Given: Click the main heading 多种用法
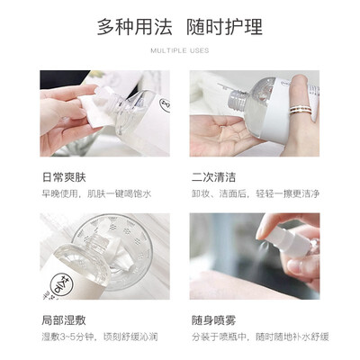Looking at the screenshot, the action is coord(135,26).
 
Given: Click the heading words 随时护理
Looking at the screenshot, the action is coord(225,26).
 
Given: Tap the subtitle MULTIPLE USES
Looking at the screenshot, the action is coord(180,50).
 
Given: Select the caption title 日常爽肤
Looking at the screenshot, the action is coord(64,177).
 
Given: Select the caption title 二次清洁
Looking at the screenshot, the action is coord(213,177).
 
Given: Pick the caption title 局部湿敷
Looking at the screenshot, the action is coord(64,319).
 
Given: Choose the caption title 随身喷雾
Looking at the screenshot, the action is coord(213,319).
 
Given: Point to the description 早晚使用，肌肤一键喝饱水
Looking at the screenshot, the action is coord(96,193).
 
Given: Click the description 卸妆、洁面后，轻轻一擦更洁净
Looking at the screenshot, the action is coord(256,193).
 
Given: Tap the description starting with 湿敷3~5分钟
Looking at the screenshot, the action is coord(100,337).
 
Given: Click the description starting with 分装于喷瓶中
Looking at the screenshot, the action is coord(260,337).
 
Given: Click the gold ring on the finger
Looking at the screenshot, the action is coord(301,110).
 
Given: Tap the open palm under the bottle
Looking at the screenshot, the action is coord(222,132).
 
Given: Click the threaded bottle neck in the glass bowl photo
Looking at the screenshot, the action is coord(95,241).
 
